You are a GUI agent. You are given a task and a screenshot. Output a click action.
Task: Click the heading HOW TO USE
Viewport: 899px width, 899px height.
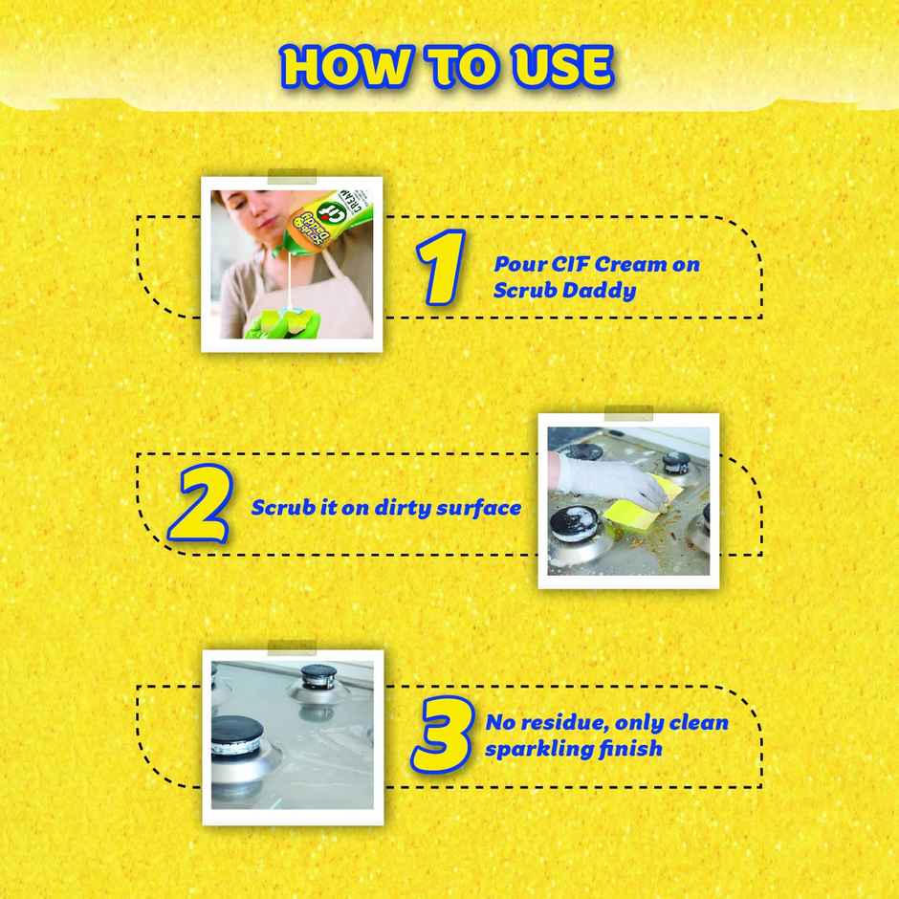point(448,66)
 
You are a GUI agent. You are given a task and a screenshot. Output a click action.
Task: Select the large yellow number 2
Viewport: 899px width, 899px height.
point(199,507)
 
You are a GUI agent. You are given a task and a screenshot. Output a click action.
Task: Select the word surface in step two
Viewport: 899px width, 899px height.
point(479,508)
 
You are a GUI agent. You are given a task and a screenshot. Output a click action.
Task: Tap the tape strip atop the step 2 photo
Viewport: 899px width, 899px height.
point(628,412)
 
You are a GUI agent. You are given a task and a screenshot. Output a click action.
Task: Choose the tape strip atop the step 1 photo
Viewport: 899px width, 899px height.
point(292,176)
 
